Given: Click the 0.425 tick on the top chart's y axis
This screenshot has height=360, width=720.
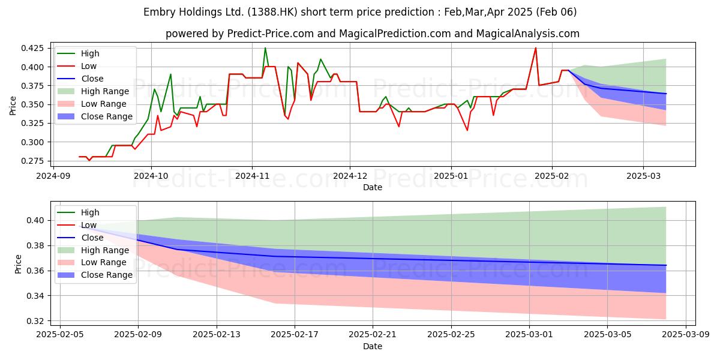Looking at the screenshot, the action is coord(32,48).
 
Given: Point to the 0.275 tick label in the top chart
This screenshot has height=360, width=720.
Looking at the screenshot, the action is coord(32,161).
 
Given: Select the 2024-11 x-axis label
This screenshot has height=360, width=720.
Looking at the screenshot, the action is coord(253,176).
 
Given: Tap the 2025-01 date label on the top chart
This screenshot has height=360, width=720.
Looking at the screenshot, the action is coord(451,176).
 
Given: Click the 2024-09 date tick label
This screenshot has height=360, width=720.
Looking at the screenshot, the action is coord(53,176).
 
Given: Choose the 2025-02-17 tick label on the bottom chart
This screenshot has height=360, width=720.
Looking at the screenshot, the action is coord(295,334).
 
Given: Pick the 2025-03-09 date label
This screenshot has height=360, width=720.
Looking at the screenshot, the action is coord(686,334).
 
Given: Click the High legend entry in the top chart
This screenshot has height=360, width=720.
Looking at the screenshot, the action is coord(90,53).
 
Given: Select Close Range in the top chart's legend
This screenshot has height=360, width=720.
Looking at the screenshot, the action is coord(107,116).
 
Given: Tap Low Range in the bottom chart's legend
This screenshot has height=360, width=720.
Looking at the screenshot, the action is coord(103,262).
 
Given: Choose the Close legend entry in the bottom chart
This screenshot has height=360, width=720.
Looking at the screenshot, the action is coord(92,238).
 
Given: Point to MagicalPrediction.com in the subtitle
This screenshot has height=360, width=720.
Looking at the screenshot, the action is coord(395,34).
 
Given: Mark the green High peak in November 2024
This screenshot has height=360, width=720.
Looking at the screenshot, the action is coord(265,48).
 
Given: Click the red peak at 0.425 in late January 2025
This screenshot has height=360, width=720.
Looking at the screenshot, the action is coord(535,48).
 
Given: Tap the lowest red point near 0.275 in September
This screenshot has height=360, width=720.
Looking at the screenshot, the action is coord(89,161).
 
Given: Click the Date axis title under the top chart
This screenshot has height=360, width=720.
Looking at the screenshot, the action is coord(373,187).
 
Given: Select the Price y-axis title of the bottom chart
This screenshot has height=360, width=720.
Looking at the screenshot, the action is coord(18,264).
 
